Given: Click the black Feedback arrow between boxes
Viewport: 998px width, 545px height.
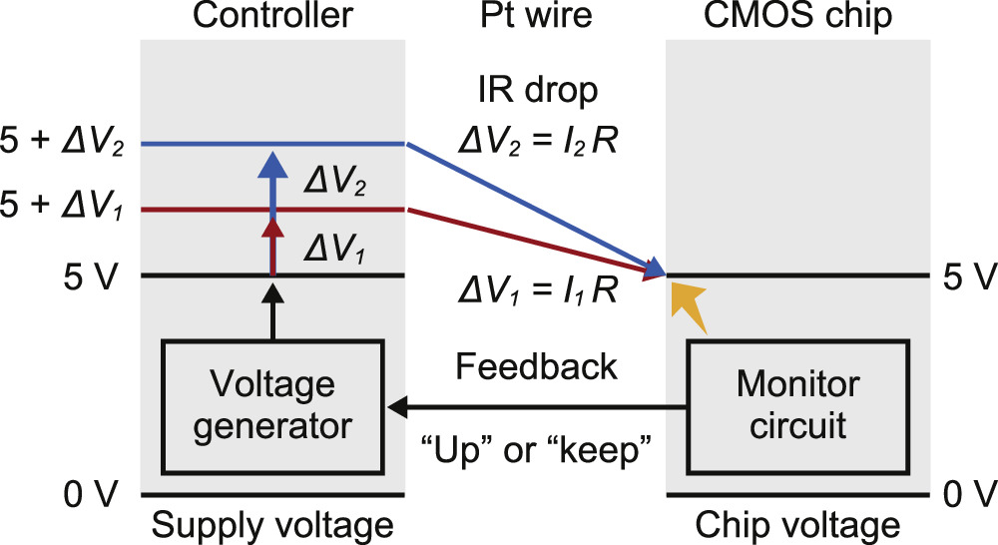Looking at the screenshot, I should coord(539,406).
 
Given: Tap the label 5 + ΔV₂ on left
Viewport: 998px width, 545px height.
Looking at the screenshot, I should coord(61,144).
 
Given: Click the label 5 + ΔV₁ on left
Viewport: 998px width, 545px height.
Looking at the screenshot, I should coord(61,210).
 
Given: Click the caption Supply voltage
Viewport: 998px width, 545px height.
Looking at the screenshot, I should coord(272,525).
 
